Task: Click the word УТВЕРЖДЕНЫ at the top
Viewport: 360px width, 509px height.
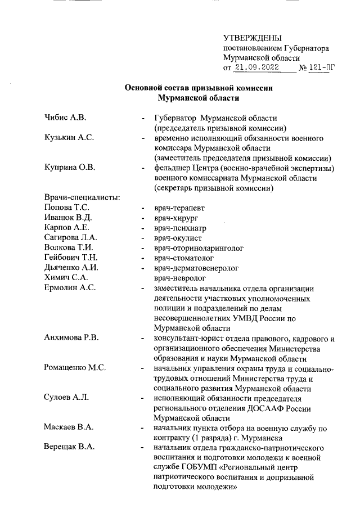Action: pyautogui.click(x=251, y=38)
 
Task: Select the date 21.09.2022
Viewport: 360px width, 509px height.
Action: pyautogui.click(x=256, y=68)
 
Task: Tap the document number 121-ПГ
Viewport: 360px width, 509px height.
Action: pyautogui.click(x=322, y=68)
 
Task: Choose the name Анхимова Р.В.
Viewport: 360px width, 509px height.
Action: pyautogui.click(x=71, y=338)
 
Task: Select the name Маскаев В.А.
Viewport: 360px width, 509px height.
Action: pyautogui.click(x=69, y=429)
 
